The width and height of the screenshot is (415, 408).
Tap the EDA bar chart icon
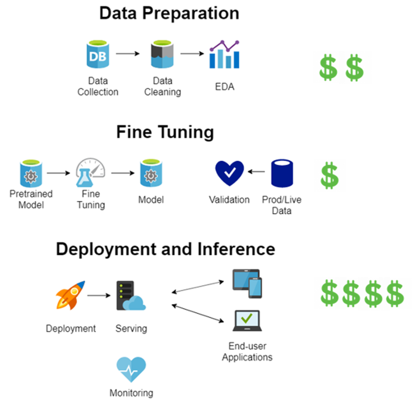point(225,54)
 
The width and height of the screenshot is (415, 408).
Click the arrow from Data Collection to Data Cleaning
point(128,54)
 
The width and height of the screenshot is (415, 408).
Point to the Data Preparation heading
point(169,14)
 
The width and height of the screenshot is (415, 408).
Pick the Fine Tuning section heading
point(165,132)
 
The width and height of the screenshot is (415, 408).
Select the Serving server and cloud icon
point(130,296)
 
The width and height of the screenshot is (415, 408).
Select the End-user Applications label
point(247,351)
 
